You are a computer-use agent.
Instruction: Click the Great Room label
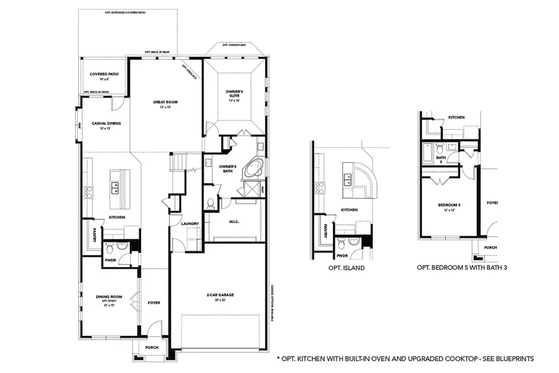click(x=166, y=104)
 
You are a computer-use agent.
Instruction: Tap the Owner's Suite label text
click(x=234, y=93)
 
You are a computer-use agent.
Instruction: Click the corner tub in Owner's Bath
click(x=252, y=170)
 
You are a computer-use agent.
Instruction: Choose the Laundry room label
click(x=190, y=224)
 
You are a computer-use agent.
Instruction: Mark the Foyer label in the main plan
click(x=153, y=303)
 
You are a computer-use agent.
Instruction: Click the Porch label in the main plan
click(x=152, y=347)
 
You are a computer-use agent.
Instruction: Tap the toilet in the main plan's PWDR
click(x=109, y=249)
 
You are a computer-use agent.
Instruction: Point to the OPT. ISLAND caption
click(x=346, y=269)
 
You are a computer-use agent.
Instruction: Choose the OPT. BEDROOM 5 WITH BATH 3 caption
click(x=460, y=269)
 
